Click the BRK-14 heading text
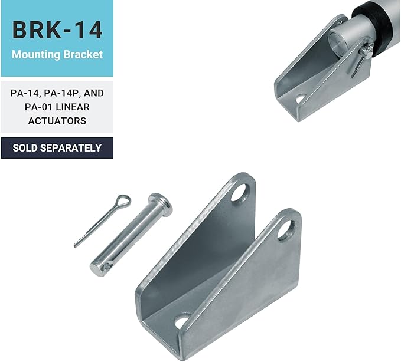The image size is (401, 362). point(57,30)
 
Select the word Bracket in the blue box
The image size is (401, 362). point(83,54)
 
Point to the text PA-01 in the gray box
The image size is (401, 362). point(39,107)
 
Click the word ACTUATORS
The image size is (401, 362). point(57,121)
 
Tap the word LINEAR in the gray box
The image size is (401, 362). point(73,107)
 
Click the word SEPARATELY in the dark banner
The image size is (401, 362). point(71,148)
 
